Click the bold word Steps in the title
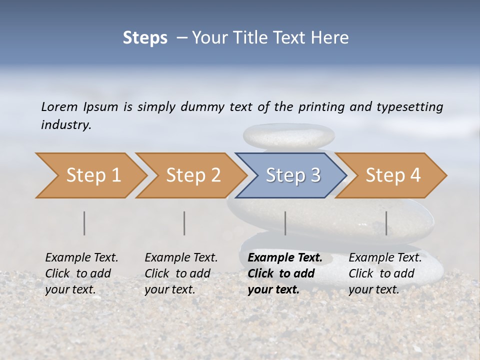(145, 38)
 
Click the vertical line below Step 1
(84, 223)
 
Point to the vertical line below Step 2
(184, 223)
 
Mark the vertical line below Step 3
(285, 223)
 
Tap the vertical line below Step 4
(386, 223)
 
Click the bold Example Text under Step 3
(285, 258)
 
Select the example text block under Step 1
(81, 273)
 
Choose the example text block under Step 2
(181, 273)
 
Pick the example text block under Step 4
(385, 273)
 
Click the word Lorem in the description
(59, 106)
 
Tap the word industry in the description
(66, 125)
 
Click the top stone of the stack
(288, 135)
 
